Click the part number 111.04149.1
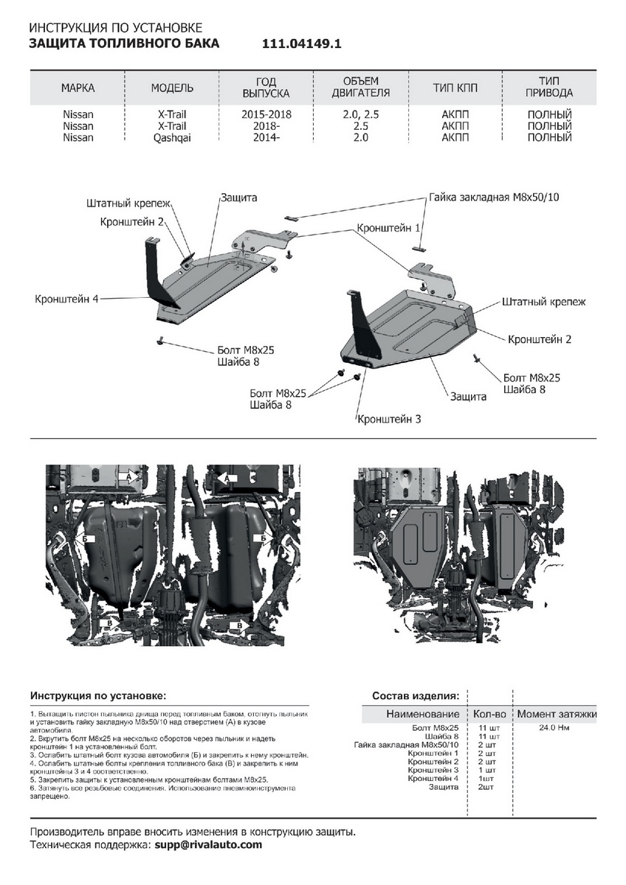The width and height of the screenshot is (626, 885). (x=302, y=44)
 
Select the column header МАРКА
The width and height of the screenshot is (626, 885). (x=78, y=88)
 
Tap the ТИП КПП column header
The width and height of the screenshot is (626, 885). (x=455, y=88)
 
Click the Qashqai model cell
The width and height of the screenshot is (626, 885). (x=172, y=137)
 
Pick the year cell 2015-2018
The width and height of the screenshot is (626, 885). (x=266, y=115)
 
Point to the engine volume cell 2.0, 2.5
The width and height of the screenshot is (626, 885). (x=361, y=115)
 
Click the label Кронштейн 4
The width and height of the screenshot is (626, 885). (x=66, y=299)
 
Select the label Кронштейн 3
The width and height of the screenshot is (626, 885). (x=389, y=419)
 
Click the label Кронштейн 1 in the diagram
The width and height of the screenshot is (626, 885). (x=388, y=229)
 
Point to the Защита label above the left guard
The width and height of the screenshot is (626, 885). (x=238, y=198)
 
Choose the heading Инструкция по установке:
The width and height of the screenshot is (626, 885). (x=98, y=695)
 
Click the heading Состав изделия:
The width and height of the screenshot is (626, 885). (x=415, y=695)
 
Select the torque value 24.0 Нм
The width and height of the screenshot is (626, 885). (x=554, y=728)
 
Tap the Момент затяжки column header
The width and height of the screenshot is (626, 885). (x=557, y=714)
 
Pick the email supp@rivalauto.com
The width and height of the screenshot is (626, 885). (x=208, y=844)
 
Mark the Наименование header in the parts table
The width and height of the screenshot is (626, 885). (x=423, y=714)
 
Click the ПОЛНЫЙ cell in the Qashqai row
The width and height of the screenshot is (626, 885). (x=550, y=137)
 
